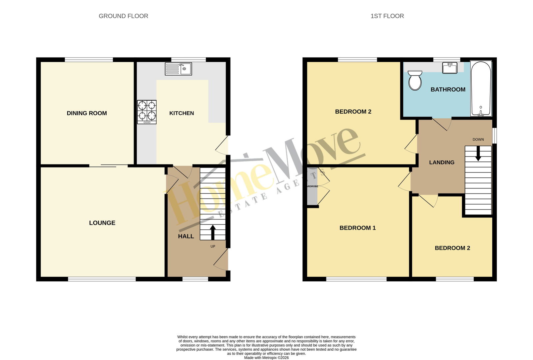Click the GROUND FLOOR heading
tap(123, 16)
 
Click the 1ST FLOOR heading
tap(387, 16)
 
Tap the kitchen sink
tap(178, 69)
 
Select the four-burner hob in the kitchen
tap(147, 112)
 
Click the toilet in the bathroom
tap(415, 80)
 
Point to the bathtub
tap(481, 89)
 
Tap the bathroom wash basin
tap(450, 68)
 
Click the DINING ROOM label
tap(87, 113)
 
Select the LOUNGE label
tap(102, 223)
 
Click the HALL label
tap(186, 236)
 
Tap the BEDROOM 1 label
tap(357, 228)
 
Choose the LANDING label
tap(442, 163)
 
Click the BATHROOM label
tap(448, 90)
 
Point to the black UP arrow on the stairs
tap(213, 232)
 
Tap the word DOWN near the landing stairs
tap(478, 140)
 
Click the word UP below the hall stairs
tap(213, 246)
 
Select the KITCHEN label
tap(182, 113)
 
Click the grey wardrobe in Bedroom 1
tap(312, 186)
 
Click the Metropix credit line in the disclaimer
tap(266, 358)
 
